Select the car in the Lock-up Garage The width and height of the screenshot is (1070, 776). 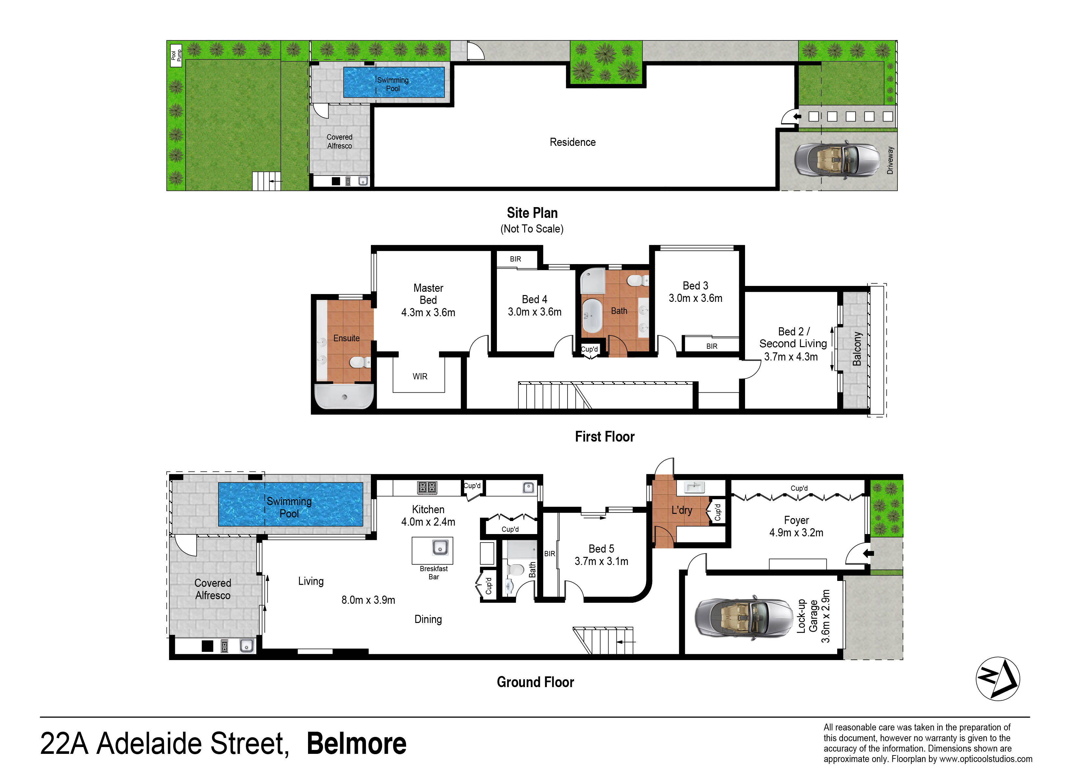tap(743, 618)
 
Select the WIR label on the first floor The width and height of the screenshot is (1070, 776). tap(420, 376)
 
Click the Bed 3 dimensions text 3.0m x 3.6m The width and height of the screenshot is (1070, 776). tap(696, 298)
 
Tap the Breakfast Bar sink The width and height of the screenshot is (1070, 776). tap(440, 548)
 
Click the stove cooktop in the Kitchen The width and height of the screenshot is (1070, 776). tap(427, 487)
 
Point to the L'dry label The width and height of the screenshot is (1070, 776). tap(682, 510)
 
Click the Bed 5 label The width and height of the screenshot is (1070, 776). tap(601, 549)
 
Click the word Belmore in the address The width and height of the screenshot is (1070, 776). tap(356, 743)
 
